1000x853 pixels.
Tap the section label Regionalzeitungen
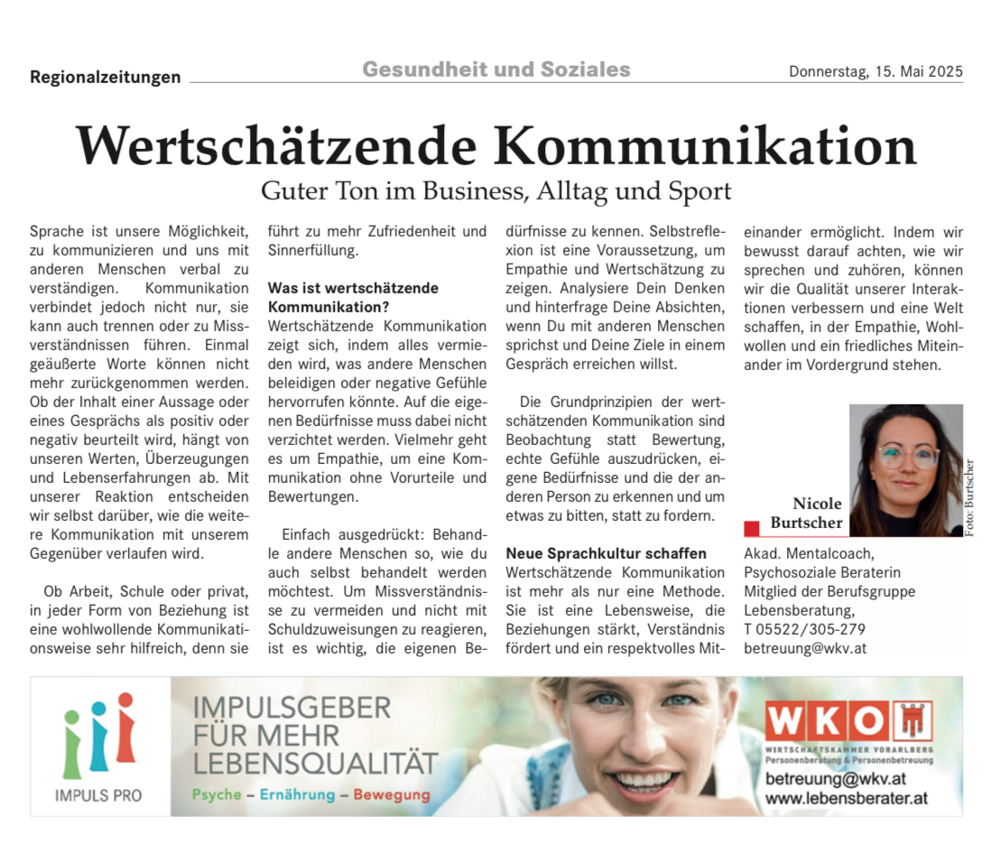105,78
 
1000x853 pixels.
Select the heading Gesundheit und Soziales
496,70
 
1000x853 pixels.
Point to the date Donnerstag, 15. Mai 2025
875,72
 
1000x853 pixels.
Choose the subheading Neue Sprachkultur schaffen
606,553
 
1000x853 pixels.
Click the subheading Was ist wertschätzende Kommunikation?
353,297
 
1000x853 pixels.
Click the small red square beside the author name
751,528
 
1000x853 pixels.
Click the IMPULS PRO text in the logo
98,796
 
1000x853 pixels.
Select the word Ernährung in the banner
297,795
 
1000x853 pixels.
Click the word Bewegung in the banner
392,795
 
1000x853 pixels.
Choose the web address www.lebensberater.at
846,798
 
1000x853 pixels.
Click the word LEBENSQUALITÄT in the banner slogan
315,763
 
